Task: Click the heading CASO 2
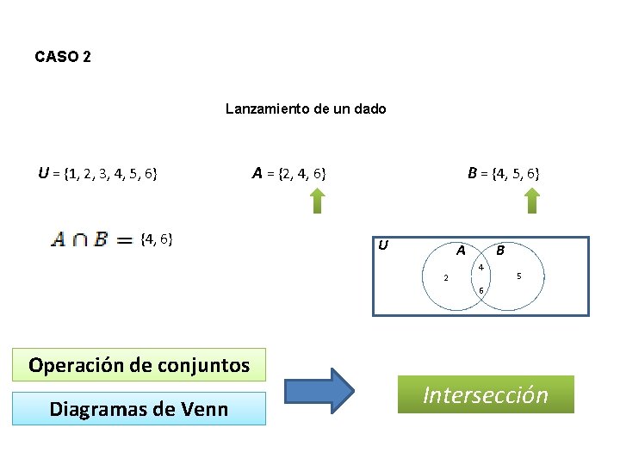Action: pyautogui.click(x=63, y=57)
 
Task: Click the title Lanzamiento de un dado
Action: pyautogui.click(x=306, y=108)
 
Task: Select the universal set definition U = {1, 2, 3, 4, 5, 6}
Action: pyautogui.click(x=97, y=173)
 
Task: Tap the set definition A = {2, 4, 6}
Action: pyautogui.click(x=288, y=173)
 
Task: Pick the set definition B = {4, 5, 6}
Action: pyautogui.click(x=504, y=173)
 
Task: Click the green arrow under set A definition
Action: pyautogui.click(x=317, y=201)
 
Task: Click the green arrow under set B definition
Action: pyautogui.click(x=531, y=201)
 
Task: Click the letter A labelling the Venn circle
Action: pyautogui.click(x=462, y=251)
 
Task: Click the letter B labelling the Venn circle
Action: pyautogui.click(x=500, y=251)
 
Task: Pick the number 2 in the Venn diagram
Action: pyautogui.click(x=445, y=277)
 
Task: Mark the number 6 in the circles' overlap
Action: pyautogui.click(x=481, y=289)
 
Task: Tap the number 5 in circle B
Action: pyautogui.click(x=518, y=276)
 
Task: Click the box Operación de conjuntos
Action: pyautogui.click(x=139, y=364)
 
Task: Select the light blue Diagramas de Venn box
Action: pyautogui.click(x=139, y=408)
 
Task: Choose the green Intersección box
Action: pyautogui.click(x=486, y=394)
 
